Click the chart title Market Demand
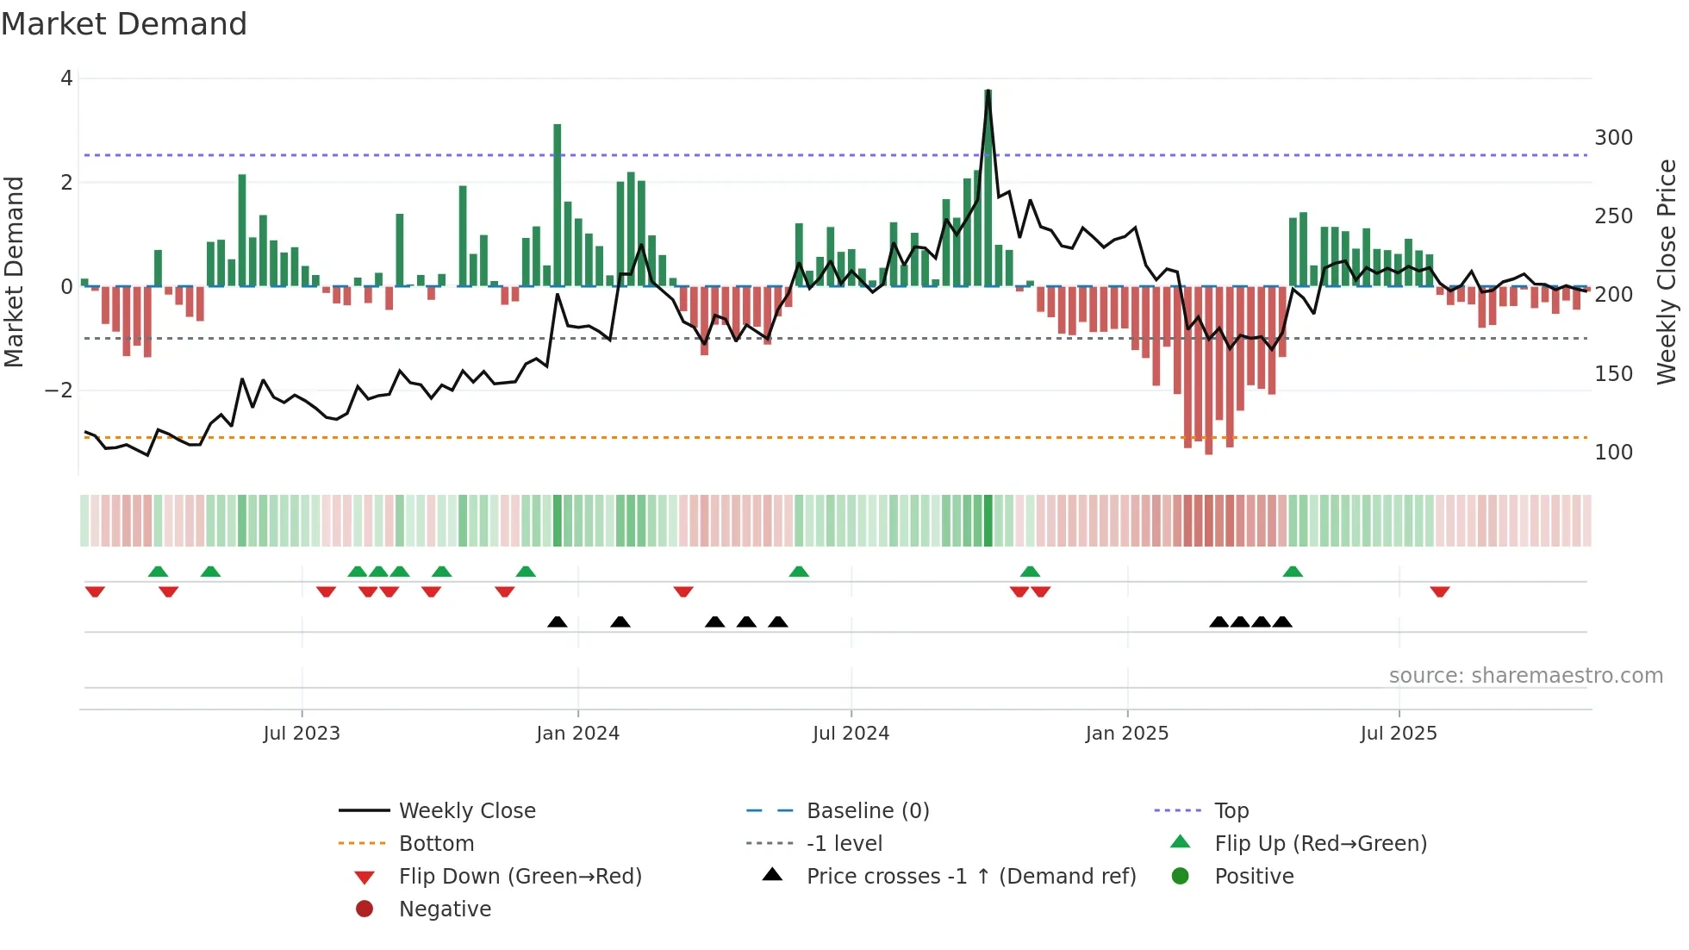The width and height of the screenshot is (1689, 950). click(124, 24)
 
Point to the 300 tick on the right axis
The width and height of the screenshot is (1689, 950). click(1613, 138)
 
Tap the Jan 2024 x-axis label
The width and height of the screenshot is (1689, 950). click(577, 734)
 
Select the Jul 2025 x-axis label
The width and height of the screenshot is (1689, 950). click(1399, 734)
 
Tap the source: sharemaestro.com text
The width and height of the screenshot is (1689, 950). click(1525, 676)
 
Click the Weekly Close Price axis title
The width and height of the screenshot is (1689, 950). click(1667, 272)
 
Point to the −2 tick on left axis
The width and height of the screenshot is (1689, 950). click(59, 391)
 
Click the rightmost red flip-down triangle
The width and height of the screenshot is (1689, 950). click(1439, 591)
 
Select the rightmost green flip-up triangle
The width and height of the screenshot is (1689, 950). click(1292, 572)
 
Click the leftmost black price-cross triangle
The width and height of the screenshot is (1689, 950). click(558, 622)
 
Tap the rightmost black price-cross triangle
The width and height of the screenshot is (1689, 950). click(1282, 622)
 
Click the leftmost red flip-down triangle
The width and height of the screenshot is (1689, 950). click(95, 591)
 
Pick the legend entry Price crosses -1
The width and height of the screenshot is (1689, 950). click(970, 877)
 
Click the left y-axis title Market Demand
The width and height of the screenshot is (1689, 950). click(14, 272)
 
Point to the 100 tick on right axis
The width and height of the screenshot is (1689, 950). click(1613, 453)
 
